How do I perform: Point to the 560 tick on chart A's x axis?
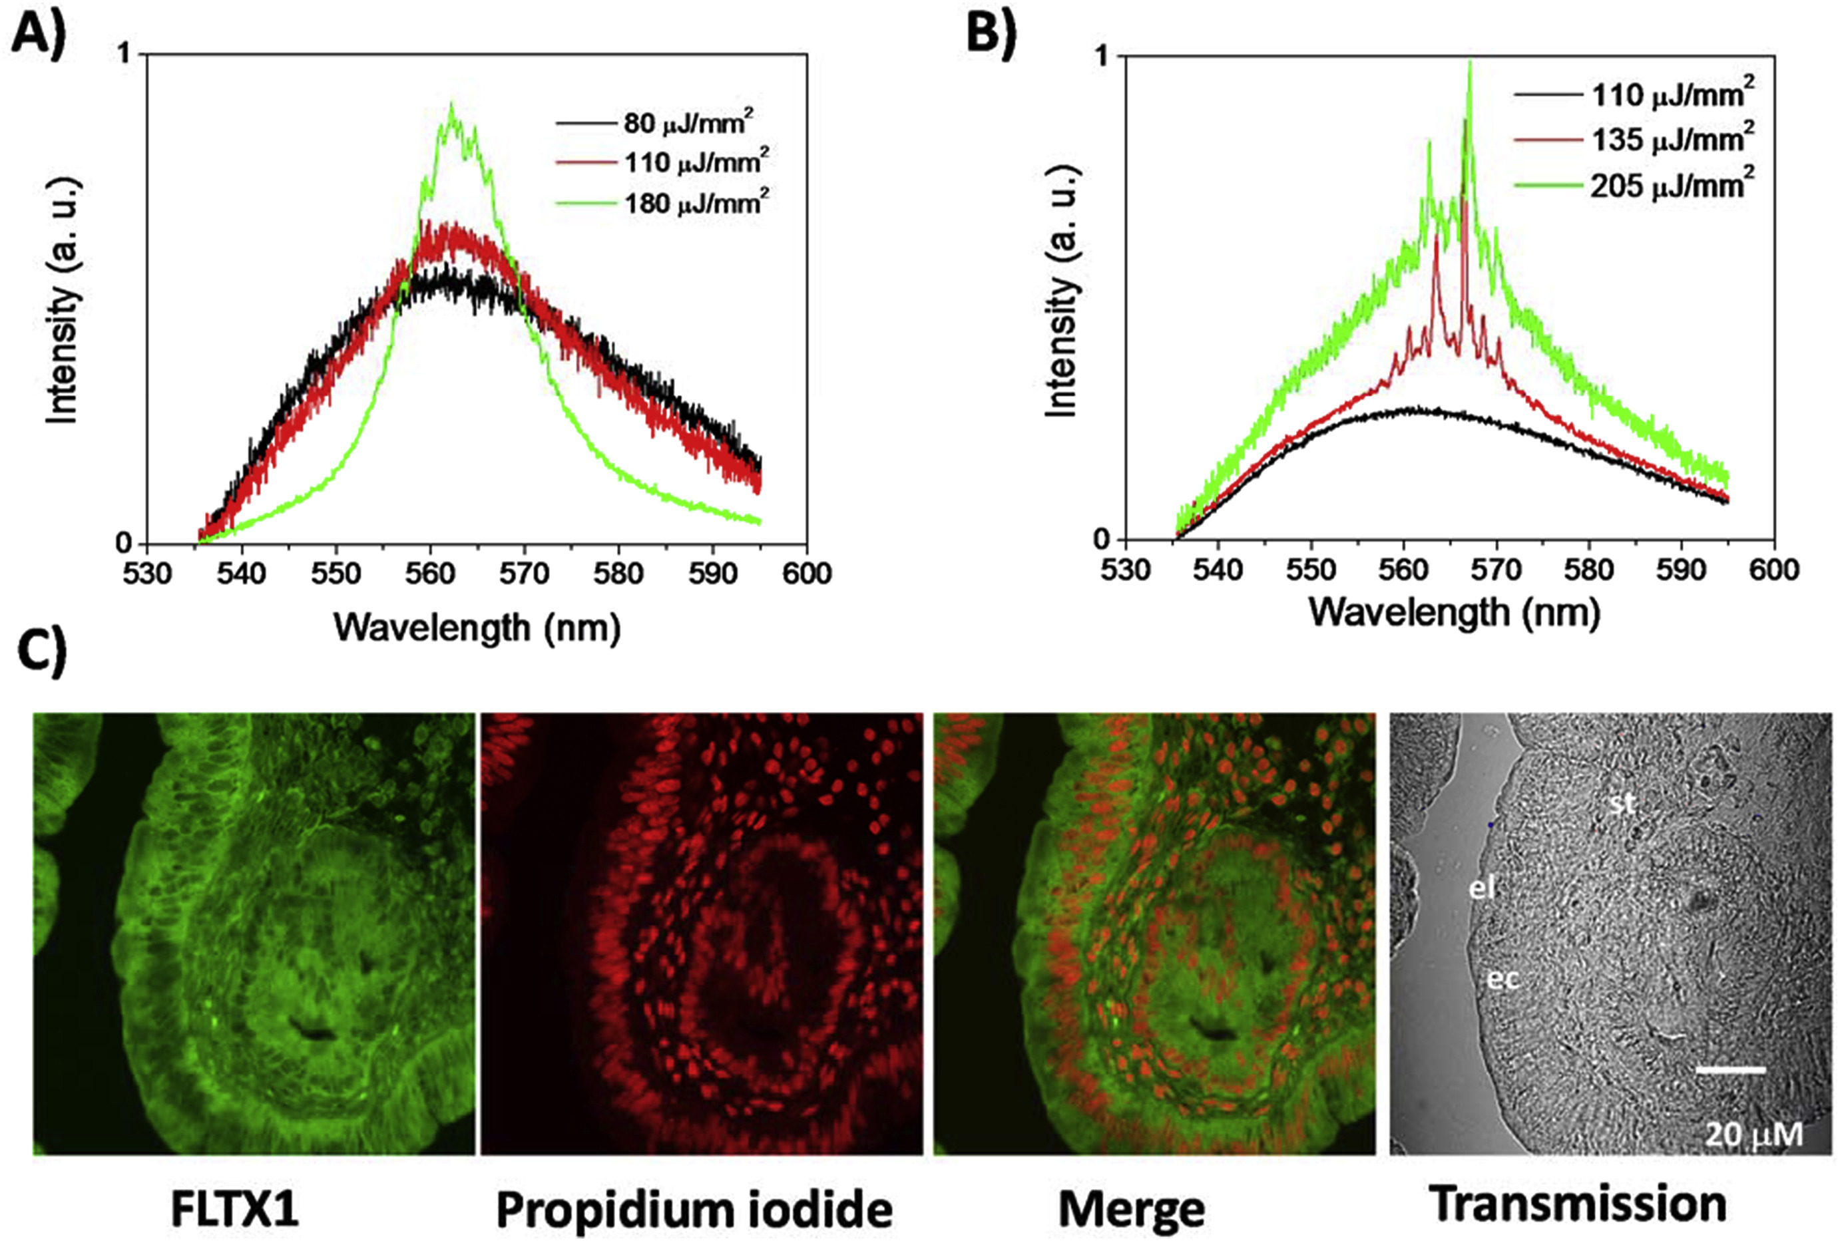click(430, 572)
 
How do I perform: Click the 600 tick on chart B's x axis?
click(1773, 569)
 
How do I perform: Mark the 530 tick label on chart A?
click(147, 572)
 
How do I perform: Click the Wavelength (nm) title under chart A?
click(477, 627)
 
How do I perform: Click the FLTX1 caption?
click(234, 1208)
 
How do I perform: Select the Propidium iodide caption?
click(694, 1208)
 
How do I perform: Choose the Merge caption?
click(1132, 1208)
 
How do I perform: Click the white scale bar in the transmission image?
click(1730, 1070)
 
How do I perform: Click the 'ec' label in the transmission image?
click(1502, 979)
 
